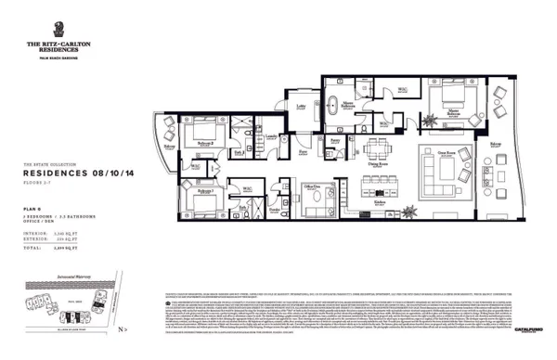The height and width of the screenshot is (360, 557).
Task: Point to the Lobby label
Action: (x=301, y=106)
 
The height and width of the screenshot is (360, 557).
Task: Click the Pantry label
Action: (x=333, y=139)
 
